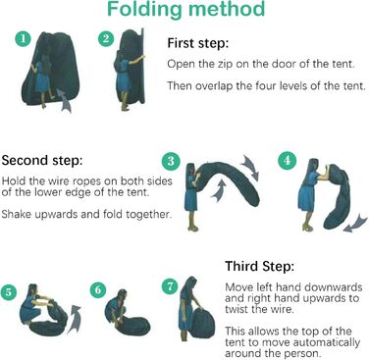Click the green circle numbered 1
(x=24, y=38)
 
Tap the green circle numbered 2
(x=106, y=38)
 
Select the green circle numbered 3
(x=171, y=161)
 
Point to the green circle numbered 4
(x=287, y=160)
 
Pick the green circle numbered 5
(x=9, y=291)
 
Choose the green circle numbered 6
(x=98, y=289)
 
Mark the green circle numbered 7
(x=170, y=286)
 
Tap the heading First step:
(x=198, y=43)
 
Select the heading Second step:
(x=42, y=160)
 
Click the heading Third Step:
(x=260, y=266)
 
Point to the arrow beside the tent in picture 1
(x=65, y=101)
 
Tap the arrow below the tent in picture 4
(x=355, y=223)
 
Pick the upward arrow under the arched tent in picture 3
(x=219, y=191)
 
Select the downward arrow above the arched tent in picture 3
(x=250, y=167)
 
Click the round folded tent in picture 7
(x=202, y=323)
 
